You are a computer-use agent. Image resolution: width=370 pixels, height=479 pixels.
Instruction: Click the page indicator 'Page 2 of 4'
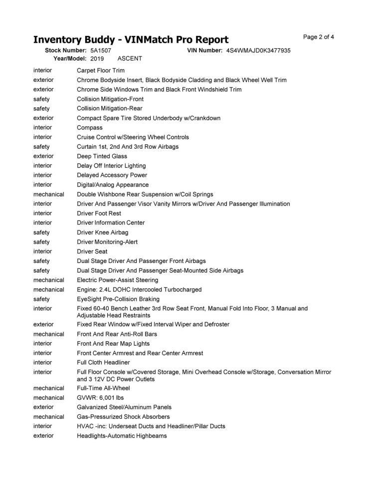click(319, 37)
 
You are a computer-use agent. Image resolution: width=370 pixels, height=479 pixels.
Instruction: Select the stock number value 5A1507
click(101, 51)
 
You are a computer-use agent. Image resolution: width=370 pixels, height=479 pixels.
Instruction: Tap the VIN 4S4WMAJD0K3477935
click(258, 51)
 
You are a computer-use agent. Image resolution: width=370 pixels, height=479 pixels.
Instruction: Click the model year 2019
click(97, 58)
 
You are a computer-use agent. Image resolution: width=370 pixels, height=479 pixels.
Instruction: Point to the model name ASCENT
click(130, 58)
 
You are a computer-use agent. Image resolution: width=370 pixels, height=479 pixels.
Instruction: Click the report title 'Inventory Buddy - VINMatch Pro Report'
click(131, 40)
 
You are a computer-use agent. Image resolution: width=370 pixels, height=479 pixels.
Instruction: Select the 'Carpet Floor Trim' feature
click(101, 70)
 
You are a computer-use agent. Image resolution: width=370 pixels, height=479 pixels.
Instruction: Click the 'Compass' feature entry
click(90, 128)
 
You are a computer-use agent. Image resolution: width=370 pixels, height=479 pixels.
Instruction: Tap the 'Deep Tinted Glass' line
click(102, 156)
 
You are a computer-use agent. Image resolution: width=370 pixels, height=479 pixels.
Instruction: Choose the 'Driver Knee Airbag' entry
click(103, 233)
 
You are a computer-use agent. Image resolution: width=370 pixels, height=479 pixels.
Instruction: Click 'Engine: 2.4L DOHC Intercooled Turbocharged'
click(139, 289)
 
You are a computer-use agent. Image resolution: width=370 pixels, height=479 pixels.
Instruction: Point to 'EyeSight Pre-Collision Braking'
click(118, 299)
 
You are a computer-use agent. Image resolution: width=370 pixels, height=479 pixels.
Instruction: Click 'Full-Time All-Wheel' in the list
click(103, 388)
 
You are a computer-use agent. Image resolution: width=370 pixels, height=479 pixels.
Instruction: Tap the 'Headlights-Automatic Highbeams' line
click(122, 436)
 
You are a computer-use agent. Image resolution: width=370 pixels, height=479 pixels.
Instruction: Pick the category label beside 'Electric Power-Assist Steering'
click(49, 280)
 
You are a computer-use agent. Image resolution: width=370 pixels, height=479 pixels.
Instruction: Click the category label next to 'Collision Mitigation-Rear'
click(41, 108)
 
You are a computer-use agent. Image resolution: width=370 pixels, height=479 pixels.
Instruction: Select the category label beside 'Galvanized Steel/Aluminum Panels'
click(43, 407)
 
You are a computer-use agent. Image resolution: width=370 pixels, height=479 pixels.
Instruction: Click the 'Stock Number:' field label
click(66, 51)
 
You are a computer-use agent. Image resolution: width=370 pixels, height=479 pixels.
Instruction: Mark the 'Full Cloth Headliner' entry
click(103, 363)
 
